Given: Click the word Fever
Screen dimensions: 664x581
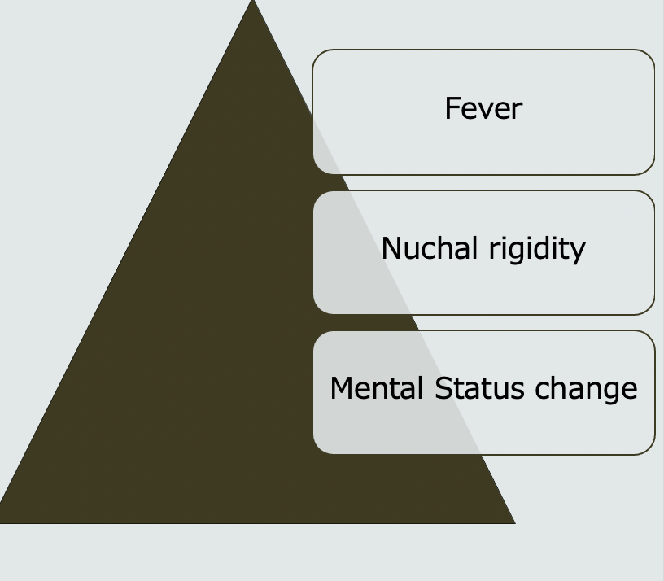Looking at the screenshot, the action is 483,108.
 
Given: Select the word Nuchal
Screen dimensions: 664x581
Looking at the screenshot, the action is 430,248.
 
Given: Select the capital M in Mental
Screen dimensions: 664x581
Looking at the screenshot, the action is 339,388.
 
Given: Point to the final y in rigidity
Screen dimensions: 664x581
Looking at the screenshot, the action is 579,251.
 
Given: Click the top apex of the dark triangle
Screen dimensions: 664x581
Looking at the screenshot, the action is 252,2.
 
